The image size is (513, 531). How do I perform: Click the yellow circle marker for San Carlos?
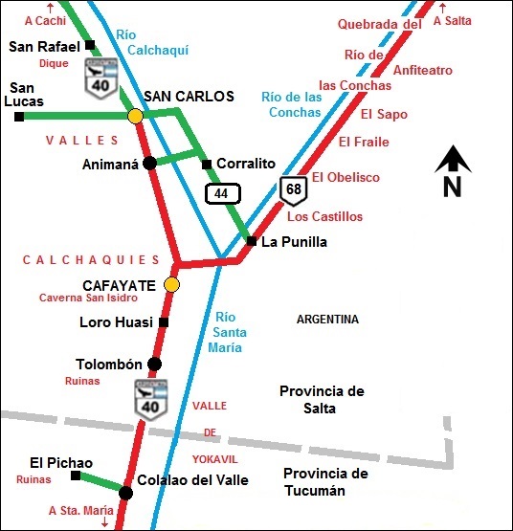pyautogui.click(x=136, y=116)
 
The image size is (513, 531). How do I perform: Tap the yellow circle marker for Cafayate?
pyautogui.click(x=171, y=284)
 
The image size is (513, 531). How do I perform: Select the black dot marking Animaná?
pyautogui.click(x=149, y=164)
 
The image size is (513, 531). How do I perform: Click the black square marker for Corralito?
pyautogui.click(x=207, y=164)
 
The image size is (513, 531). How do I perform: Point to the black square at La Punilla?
pyautogui.click(x=251, y=241)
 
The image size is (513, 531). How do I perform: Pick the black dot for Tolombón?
pyautogui.click(x=155, y=364)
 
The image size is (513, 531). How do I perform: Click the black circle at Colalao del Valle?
pyautogui.click(x=125, y=493)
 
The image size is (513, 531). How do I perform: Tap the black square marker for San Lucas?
pyautogui.click(x=19, y=117)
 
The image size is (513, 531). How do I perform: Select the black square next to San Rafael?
pyautogui.click(x=89, y=45)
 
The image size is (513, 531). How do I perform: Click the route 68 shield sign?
pyautogui.click(x=293, y=189)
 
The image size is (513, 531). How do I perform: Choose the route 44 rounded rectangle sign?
pyautogui.click(x=221, y=193)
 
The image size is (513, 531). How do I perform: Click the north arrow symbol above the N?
pyautogui.click(x=452, y=160)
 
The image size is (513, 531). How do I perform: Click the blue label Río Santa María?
pyautogui.click(x=231, y=332)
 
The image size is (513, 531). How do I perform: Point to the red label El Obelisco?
pyautogui.click(x=346, y=177)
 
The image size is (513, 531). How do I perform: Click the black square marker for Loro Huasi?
pyautogui.click(x=164, y=322)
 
